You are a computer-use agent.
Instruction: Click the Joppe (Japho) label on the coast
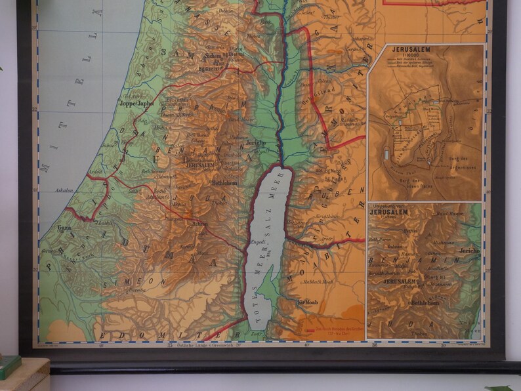(136, 103)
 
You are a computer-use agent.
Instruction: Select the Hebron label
(199, 224)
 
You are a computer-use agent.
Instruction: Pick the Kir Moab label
(307, 302)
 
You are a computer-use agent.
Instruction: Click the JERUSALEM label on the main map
(201, 166)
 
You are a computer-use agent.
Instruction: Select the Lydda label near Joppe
(142, 121)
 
